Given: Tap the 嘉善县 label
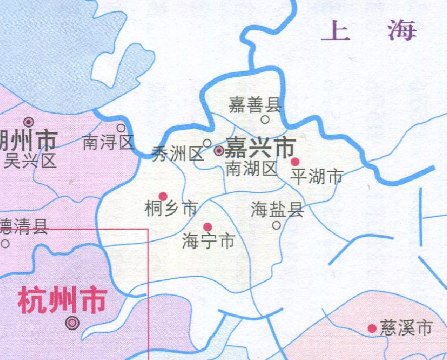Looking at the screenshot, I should (254, 105).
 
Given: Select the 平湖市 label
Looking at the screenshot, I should (317, 177).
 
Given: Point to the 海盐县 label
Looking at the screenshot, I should (277, 210).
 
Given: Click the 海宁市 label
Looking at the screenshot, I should (209, 242).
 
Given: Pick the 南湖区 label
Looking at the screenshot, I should (252, 169).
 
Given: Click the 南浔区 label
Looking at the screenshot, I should (108, 143).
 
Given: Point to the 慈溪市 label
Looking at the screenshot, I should (406, 328).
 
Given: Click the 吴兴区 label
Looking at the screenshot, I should (29, 161).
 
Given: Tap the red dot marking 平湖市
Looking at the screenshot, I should (295, 162).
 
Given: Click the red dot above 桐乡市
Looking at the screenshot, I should (163, 196).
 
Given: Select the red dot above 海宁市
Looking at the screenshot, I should (207, 227).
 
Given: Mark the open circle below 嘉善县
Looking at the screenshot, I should (265, 120).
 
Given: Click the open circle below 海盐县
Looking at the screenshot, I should (276, 225).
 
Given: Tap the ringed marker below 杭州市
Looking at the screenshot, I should (74, 323).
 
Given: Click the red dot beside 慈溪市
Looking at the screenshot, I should (372, 329).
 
